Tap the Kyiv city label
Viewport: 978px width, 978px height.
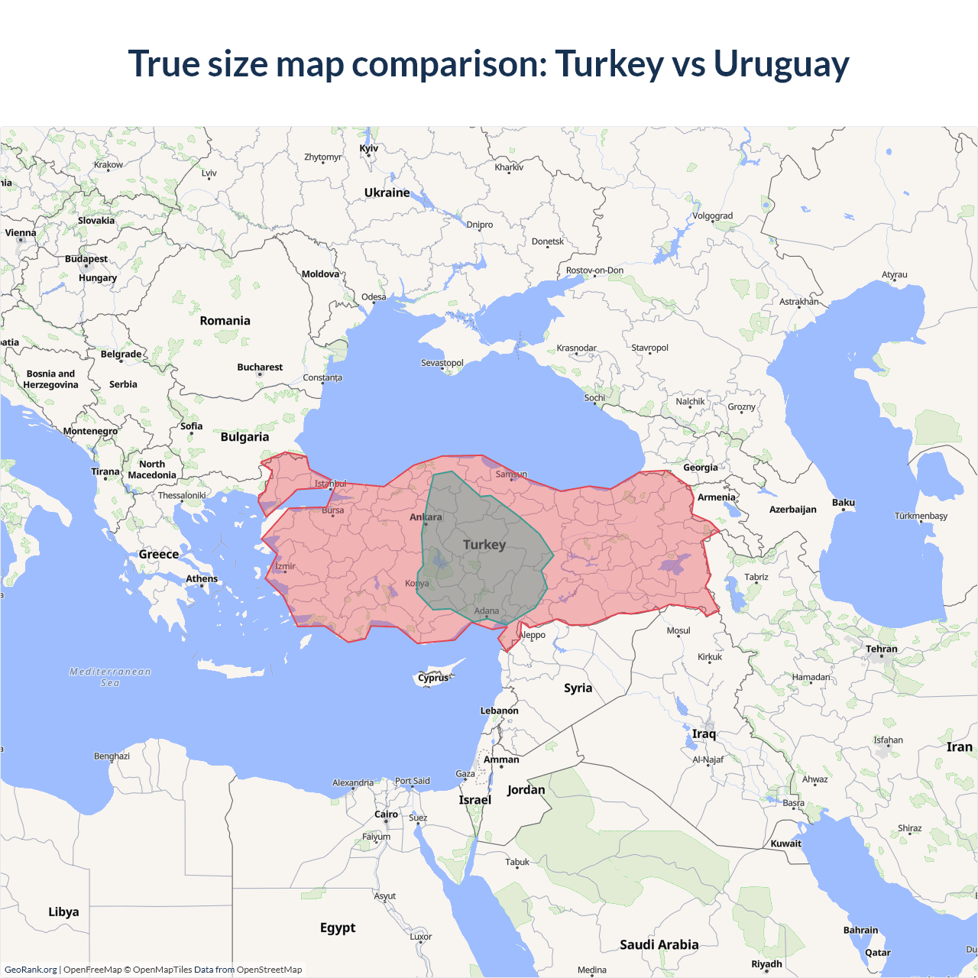[368, 148]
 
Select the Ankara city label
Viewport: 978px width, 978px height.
[426, 517]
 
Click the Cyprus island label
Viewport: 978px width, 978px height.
[433, 678]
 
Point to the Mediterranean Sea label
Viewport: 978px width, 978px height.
[110, 677]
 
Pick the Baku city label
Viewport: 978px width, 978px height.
[843, 502]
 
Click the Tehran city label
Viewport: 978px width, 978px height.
[881, 649]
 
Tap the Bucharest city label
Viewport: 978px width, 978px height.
[260, 368]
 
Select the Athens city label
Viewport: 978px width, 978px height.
[202, 578]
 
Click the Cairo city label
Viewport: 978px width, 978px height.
[386, 814]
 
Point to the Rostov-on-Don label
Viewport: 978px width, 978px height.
[594, 270]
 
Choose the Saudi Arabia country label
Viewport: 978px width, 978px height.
[659, 945]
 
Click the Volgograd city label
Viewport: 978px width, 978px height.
[712, 216]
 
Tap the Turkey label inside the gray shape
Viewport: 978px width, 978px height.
[484, 545]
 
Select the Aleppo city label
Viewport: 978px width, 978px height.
[533, 635]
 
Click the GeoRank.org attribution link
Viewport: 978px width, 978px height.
[31, 970]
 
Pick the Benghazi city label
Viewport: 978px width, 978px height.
[112, 756]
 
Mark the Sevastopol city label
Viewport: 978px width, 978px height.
[442, 363]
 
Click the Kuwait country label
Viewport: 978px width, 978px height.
[785, 844]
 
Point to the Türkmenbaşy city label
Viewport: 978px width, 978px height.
[921, 516]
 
